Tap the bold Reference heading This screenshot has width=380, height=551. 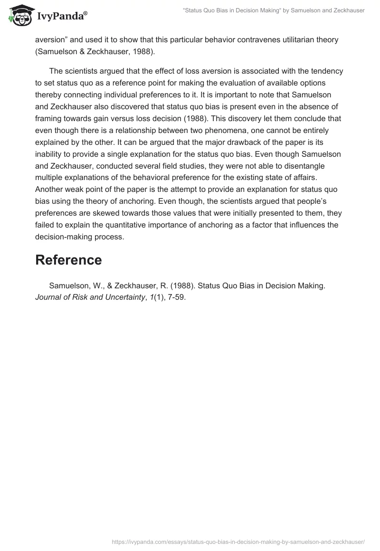pos(68,260)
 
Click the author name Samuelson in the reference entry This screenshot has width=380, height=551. pos(71,286)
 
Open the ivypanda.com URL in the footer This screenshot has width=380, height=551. pos(237,541)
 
